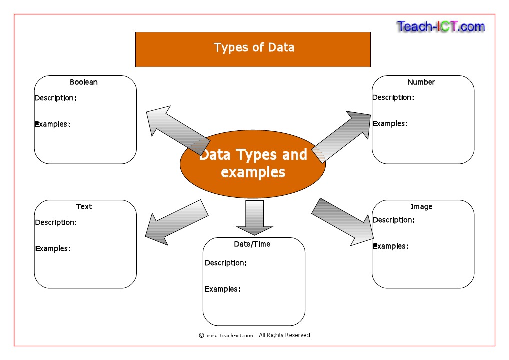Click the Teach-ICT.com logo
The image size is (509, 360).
click(x=440, y=26)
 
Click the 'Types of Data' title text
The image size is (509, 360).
click(x=254, y=48)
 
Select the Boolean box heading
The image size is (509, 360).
click(x=84, y=82)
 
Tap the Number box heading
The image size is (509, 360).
click(x=421, y=82)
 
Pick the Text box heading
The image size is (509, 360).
click(x=84, y=206)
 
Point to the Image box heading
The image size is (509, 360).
click(x=421, y=206)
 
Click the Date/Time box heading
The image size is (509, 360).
click(x=252, y=244)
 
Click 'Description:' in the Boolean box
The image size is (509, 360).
click(x=55, y=98)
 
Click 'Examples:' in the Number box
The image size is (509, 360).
click(x=390, y=124)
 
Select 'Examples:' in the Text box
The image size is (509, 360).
click(x=53, y=248)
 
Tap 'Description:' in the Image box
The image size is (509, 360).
click(x=394, y=220)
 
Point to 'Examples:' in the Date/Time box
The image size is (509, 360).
click(x=223, y=289)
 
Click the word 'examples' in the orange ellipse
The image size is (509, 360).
click(x=253, y=172)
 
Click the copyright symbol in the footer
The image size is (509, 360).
click(x=201, y=335)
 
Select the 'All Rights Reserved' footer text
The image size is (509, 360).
click(x=284, y=335)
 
